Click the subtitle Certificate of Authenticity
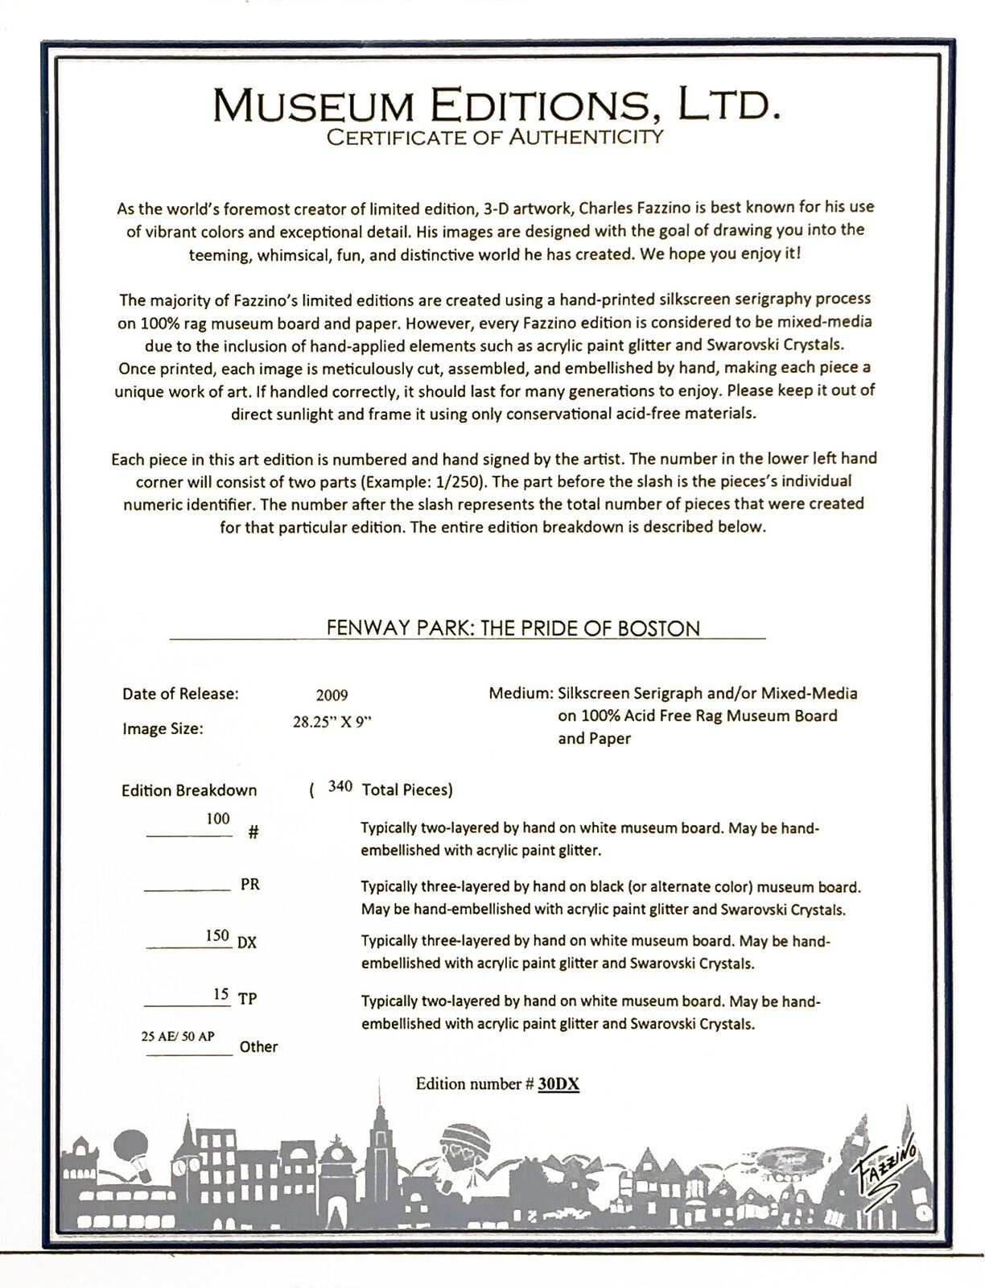[494, 138]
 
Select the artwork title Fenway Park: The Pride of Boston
[513, 628]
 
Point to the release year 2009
[332, 696]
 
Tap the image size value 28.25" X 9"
[332, 722]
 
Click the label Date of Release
[180, 693]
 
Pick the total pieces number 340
[340, 786]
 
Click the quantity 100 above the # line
[218, 819]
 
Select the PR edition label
[250, 884]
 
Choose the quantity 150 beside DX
[217, 936]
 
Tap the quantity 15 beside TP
[220, 994]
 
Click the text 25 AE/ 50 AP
[178, 1036]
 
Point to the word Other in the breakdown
[258, 1047]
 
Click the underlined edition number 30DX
[558, 1084]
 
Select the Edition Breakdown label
[189, 791]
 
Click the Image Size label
[163, 729]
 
